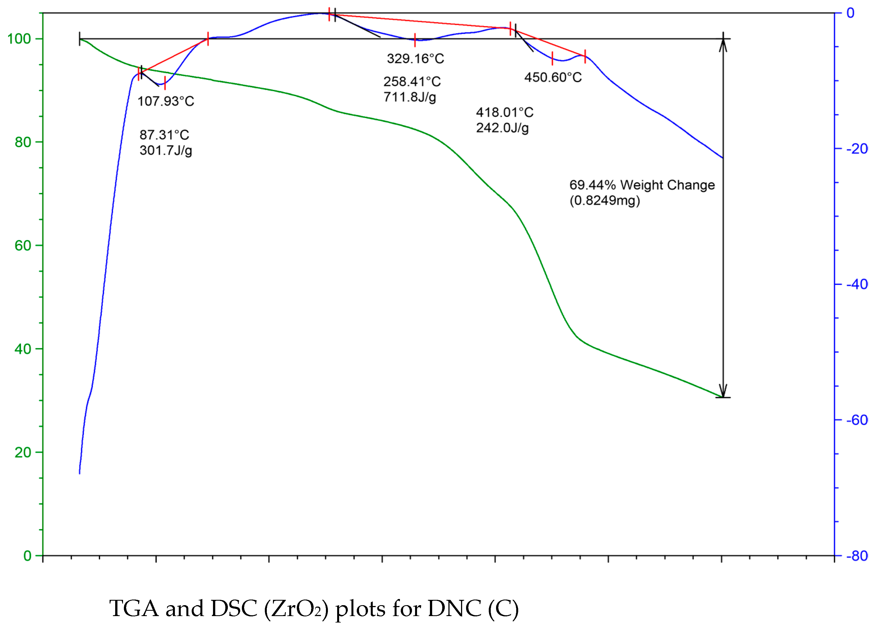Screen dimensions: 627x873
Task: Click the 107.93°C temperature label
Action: point(166,102)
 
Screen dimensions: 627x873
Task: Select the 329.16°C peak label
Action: point(415,59)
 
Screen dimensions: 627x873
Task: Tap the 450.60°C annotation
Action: point(553,78)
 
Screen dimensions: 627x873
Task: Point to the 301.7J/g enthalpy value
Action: point(166,150)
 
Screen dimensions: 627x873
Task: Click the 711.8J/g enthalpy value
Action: point(409,97)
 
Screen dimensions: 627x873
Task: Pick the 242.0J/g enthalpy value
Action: point(502,128)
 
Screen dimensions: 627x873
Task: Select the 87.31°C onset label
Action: point(164,135)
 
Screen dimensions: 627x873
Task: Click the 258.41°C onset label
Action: point(412,81)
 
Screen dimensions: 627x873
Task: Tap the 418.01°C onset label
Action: point(505,112)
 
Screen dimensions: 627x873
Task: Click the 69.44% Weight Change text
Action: point(642,185)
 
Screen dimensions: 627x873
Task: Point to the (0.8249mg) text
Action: point(605,201)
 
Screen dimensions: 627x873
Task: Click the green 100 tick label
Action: point(19,39)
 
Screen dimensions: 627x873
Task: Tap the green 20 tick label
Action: point(23,452)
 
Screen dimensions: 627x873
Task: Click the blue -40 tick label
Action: point(857,284)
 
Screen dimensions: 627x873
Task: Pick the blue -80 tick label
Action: point(857,556)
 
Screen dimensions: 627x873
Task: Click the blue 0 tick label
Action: point(850,13)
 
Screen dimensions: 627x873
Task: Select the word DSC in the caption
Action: point(234,609)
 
